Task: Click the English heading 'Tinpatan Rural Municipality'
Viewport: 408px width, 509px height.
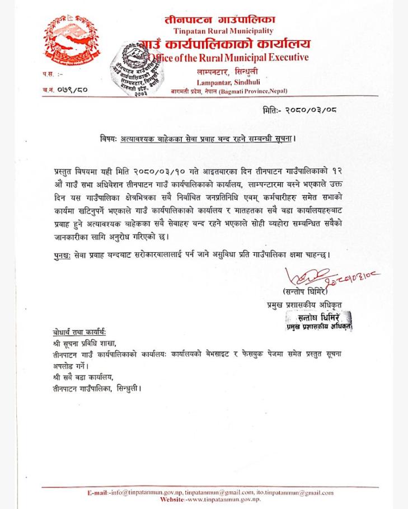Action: [223, 31]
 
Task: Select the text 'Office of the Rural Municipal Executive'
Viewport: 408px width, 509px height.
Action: [227, 57]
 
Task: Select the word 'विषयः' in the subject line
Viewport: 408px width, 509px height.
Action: [104, 138]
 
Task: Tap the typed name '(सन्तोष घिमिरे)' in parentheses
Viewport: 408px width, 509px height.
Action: [305, 292]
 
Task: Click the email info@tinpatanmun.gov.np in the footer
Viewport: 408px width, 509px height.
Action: [146, 493]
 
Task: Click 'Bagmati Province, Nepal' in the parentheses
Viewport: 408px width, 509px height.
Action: [254, 91]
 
